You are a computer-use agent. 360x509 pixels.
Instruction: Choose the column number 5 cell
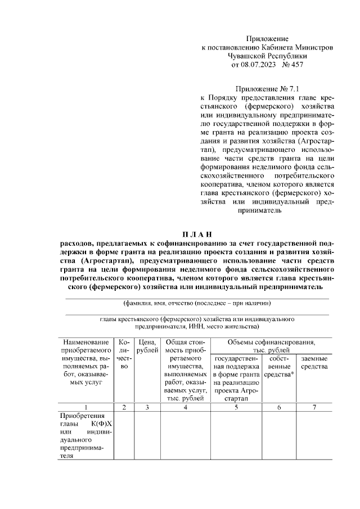coord(236,407)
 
